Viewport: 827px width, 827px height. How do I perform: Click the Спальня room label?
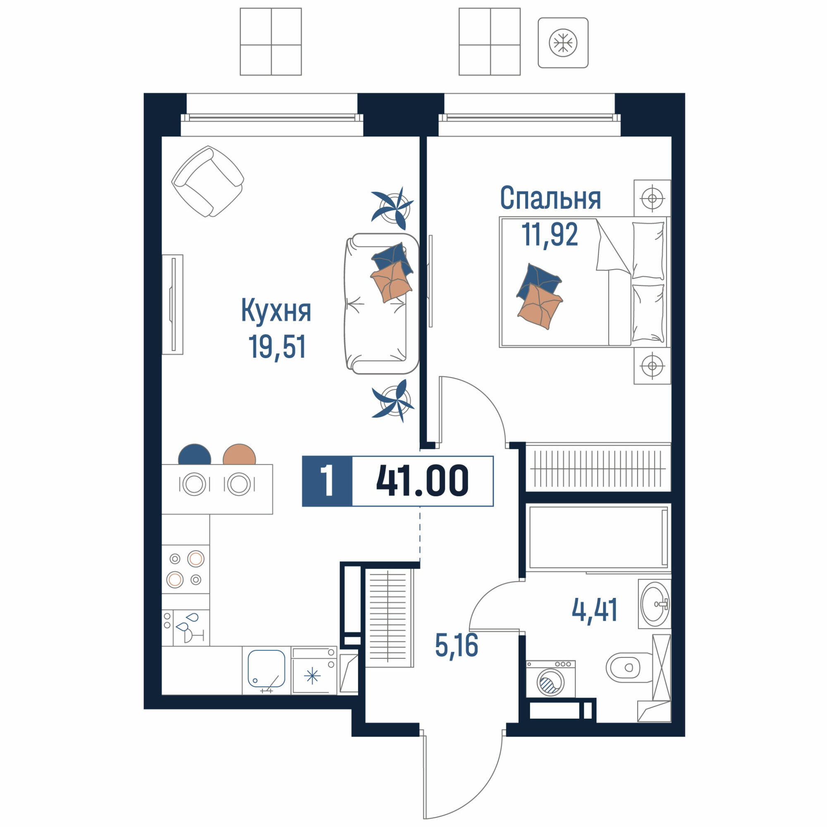click(550, 198)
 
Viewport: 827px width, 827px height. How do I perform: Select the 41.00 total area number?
click(423, 481)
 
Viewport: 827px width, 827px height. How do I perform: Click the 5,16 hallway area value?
click(457, 645)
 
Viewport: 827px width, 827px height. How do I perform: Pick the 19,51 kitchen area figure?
click(277, 347)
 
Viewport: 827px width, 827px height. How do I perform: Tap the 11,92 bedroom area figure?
click(550, 234)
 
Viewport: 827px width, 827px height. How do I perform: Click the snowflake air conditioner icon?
click(563, 43)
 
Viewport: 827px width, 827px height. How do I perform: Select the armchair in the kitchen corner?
click(208, 181)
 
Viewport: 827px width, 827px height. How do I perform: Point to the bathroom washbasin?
click(654, 604)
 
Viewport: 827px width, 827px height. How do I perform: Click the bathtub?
click(598, 537)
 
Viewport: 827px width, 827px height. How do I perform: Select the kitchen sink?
click(266, 669)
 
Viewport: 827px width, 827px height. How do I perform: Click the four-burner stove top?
click(185, 569)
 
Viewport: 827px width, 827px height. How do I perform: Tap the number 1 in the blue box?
click(327, 481)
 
